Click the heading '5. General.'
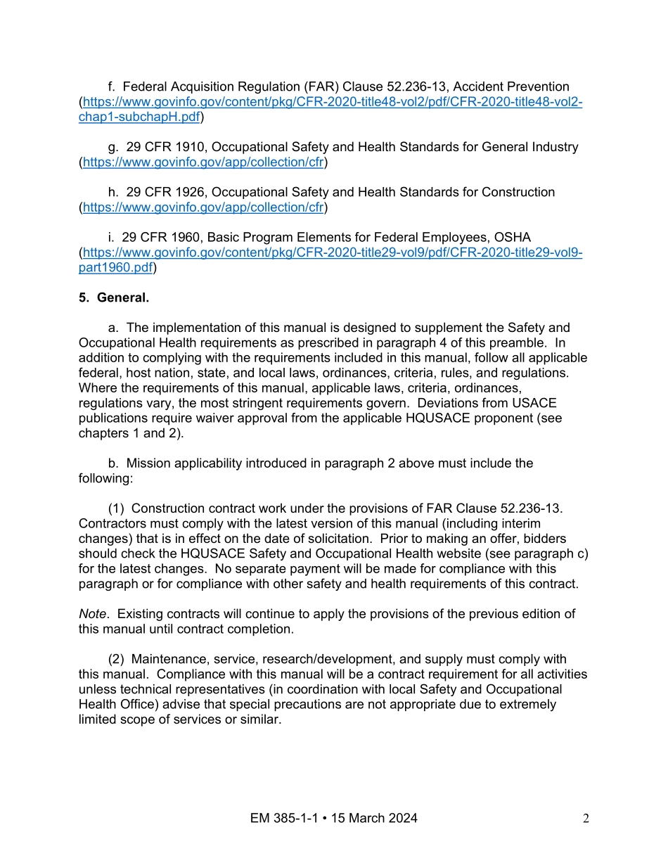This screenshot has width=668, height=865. (114, 297)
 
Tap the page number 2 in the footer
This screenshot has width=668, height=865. (586, 818)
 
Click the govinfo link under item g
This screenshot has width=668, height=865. (203, 162)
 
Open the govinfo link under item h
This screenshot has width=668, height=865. (203, 207)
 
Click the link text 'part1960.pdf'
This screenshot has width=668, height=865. (115, 267)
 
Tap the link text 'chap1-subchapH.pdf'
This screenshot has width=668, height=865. (139, 117)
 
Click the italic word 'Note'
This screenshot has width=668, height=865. (92, 614)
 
